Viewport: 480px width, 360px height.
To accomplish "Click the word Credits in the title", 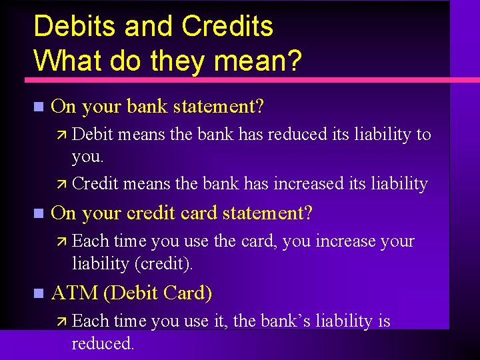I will click(x=227, y=27).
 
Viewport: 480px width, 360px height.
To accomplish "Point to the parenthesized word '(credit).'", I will click(x=163, y=264).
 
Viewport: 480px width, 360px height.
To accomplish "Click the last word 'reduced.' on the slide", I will click(x=103, y=344).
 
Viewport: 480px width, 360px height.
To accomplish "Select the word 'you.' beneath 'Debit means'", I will click(x=88, y=157).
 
